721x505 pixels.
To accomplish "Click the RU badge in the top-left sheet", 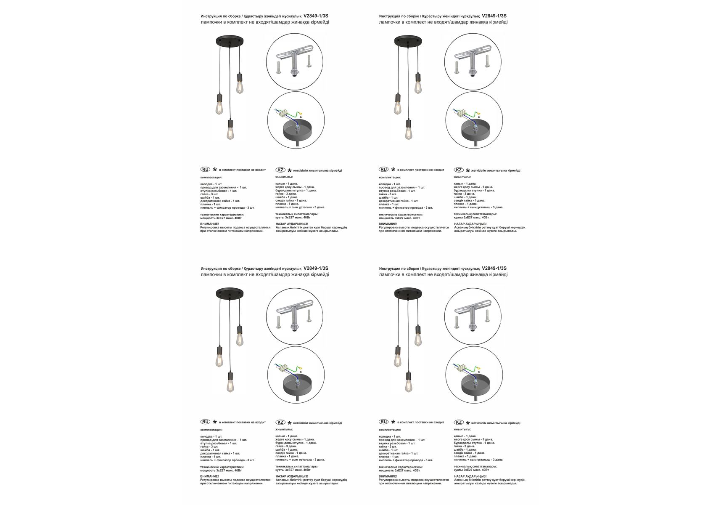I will pyautogui.click(x=205, y=170).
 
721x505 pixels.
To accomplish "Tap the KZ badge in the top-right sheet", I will pyautogui.click(x=459, y=170).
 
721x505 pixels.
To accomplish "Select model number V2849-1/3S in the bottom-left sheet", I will pyautogui.click(x=316, y=268).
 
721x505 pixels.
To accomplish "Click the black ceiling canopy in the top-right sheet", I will pyautogui.click(x=408, y=41).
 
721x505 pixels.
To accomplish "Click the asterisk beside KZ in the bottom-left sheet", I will pyautogui.click(x=289, y=423).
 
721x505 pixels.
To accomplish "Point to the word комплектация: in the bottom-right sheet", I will pyautogui.click(x=390, y=430).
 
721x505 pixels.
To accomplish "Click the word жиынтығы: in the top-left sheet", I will pyautogui.click(x=284, y=177).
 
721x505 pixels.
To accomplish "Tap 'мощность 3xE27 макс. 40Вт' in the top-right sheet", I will pyautogui.click(x=399, y=218).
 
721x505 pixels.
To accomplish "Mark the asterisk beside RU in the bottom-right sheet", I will pyautogui.click(x=393, y=422).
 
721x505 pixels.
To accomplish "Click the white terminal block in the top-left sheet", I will pyautogui.click(x=282, y=113).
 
